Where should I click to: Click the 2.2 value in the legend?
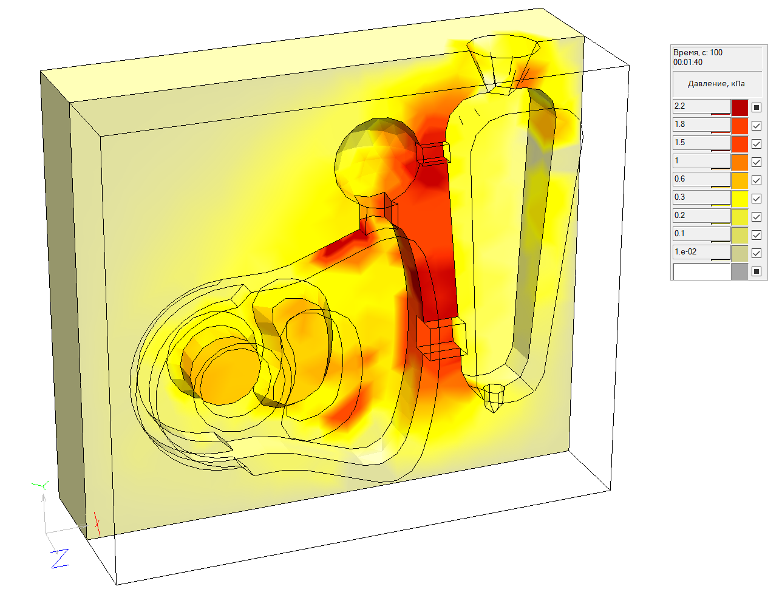679,106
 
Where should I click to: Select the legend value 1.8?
679,124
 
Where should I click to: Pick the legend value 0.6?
679,179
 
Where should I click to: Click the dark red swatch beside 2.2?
739,107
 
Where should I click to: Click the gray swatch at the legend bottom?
739,271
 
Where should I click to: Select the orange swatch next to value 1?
739,162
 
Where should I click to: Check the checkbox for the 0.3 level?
756,199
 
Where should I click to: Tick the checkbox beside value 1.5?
756,143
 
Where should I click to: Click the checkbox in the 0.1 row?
756,235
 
